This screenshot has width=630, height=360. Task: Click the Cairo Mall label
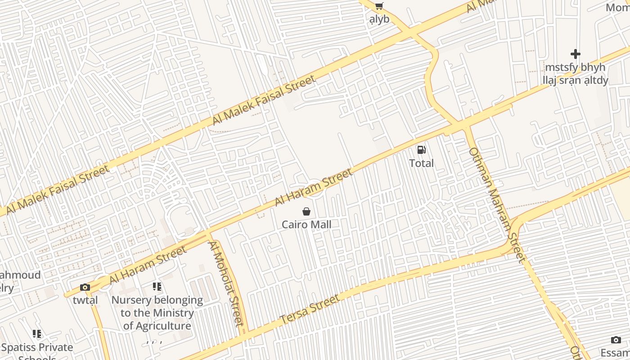[306, 224]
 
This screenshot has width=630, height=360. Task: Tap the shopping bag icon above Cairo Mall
[306, 211]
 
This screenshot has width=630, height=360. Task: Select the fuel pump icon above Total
[421, 150]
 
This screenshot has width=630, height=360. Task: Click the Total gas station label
[422, 163]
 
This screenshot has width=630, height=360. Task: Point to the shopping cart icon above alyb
[379, 6]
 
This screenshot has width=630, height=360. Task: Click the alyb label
[379, 19]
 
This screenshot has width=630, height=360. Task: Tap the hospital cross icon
[575, 54]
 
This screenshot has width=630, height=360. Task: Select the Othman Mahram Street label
[496, 205]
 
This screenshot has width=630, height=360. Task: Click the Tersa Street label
[310, 309]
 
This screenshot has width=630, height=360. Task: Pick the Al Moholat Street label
[225, 283]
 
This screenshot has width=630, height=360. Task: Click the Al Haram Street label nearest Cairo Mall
[314, 187]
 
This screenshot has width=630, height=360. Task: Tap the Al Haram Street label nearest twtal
[148, 265]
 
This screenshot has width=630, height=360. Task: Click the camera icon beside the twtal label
[85, 287]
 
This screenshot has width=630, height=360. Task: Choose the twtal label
[85, 300]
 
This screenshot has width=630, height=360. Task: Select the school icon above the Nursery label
[157, 286]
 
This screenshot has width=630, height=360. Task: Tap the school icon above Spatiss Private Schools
[37, 334]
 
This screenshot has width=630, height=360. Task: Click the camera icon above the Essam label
[616, 340]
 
